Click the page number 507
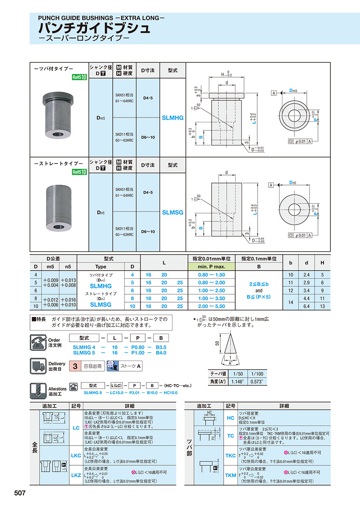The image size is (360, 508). click(x=20, y=493)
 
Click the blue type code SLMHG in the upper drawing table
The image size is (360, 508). click(x=172, y=118)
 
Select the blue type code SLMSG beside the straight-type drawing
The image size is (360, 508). click(x=172, y=212)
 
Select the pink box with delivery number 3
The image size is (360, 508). click(x=75, y=366)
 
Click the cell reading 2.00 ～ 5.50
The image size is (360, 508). click(x=211, y=306)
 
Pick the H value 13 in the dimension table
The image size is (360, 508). click(x=322, y=306)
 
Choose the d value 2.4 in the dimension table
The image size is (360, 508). click(x=306, y=275)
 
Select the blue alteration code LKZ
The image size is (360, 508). click(x=76, y=475)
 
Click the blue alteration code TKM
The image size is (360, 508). click(x=230, y=475)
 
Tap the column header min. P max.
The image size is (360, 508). click(x=211, y=266)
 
